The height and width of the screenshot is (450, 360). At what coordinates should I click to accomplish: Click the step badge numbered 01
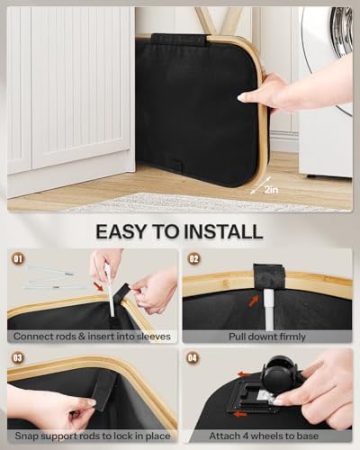[x=18, y=258]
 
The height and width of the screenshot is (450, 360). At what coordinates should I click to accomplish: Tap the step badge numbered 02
[x=193, y=258]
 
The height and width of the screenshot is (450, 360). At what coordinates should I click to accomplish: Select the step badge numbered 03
[x=18, y=357]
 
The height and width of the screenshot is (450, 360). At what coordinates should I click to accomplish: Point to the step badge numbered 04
[x=193, y=357]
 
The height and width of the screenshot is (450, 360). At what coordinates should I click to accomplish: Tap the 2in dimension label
[x=272, y=190]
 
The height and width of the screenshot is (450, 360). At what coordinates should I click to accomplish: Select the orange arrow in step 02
[x=254, y=301]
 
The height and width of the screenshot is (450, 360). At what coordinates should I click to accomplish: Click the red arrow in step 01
[x=98, y=286]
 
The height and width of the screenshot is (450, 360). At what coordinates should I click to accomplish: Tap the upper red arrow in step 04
[x=245, y=374]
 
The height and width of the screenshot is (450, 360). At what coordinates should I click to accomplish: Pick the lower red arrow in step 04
[x=240, y=414]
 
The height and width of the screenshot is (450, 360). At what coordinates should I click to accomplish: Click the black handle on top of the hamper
[x=179, y=40]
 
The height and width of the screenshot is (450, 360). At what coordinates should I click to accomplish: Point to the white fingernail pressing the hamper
[x=242, y=96]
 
